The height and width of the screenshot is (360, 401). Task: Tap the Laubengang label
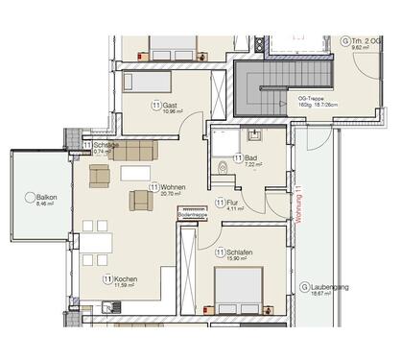click(x=332, y=287)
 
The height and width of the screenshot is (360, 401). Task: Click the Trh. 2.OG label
click(x=366, y=41)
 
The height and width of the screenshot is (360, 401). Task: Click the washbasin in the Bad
click(x=255, y=134)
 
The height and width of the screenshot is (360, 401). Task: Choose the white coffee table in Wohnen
click(x=134, y=173)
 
